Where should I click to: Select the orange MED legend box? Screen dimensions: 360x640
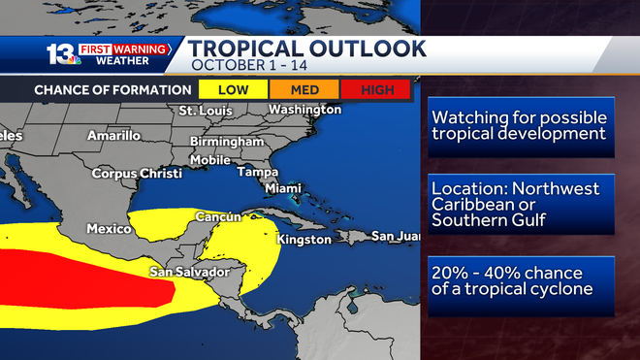(310, 89)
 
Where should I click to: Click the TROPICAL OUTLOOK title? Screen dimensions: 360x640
(306, 49)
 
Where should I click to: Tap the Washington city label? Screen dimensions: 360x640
(304, 110)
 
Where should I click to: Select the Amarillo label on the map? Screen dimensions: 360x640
(113, 136)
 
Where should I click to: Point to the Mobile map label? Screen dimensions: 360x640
(210, 159)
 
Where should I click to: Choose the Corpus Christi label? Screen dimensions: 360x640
(137, 174)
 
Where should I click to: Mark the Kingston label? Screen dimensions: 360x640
(304, 239)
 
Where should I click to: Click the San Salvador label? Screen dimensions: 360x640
(188, 272)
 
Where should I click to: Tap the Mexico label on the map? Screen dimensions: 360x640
(109, 229)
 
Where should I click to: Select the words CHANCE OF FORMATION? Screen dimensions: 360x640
(112, 89)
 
